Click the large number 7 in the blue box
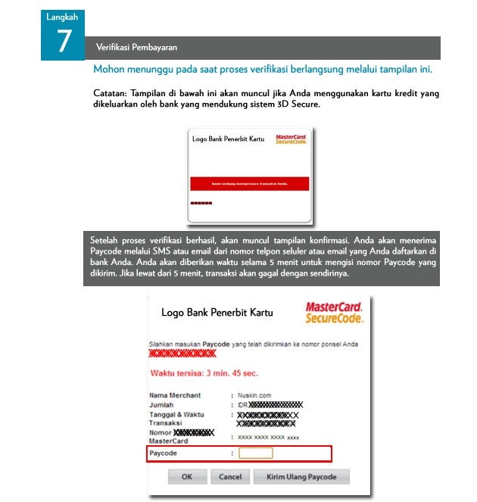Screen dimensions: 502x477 (63, 42)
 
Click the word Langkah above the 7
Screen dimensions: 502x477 (62, 17)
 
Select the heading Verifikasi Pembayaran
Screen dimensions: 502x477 (136, 48)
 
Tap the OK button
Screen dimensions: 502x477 (187, 477)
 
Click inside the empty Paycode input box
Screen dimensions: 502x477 (256, 453)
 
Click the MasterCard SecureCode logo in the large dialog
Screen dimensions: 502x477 (334, 312)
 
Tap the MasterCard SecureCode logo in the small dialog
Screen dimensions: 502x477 (291, 139)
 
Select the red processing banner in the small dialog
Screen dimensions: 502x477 (248, 183)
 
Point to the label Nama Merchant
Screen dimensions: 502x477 (175, 395)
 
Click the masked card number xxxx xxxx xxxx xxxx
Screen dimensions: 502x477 (269, 437)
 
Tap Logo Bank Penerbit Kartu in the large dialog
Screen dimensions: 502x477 (217, 313)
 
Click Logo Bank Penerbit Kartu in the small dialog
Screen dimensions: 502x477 (229, 139)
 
